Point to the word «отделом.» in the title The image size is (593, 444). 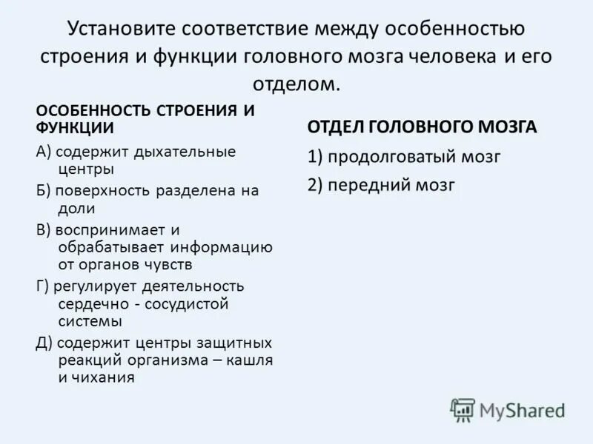(296, 83)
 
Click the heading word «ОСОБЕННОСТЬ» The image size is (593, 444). (94, 110)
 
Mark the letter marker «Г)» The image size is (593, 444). (43, 286)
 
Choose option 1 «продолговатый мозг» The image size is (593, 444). (405, 157)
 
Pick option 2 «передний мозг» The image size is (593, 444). (382, 185)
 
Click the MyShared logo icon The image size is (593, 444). (463, 410)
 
